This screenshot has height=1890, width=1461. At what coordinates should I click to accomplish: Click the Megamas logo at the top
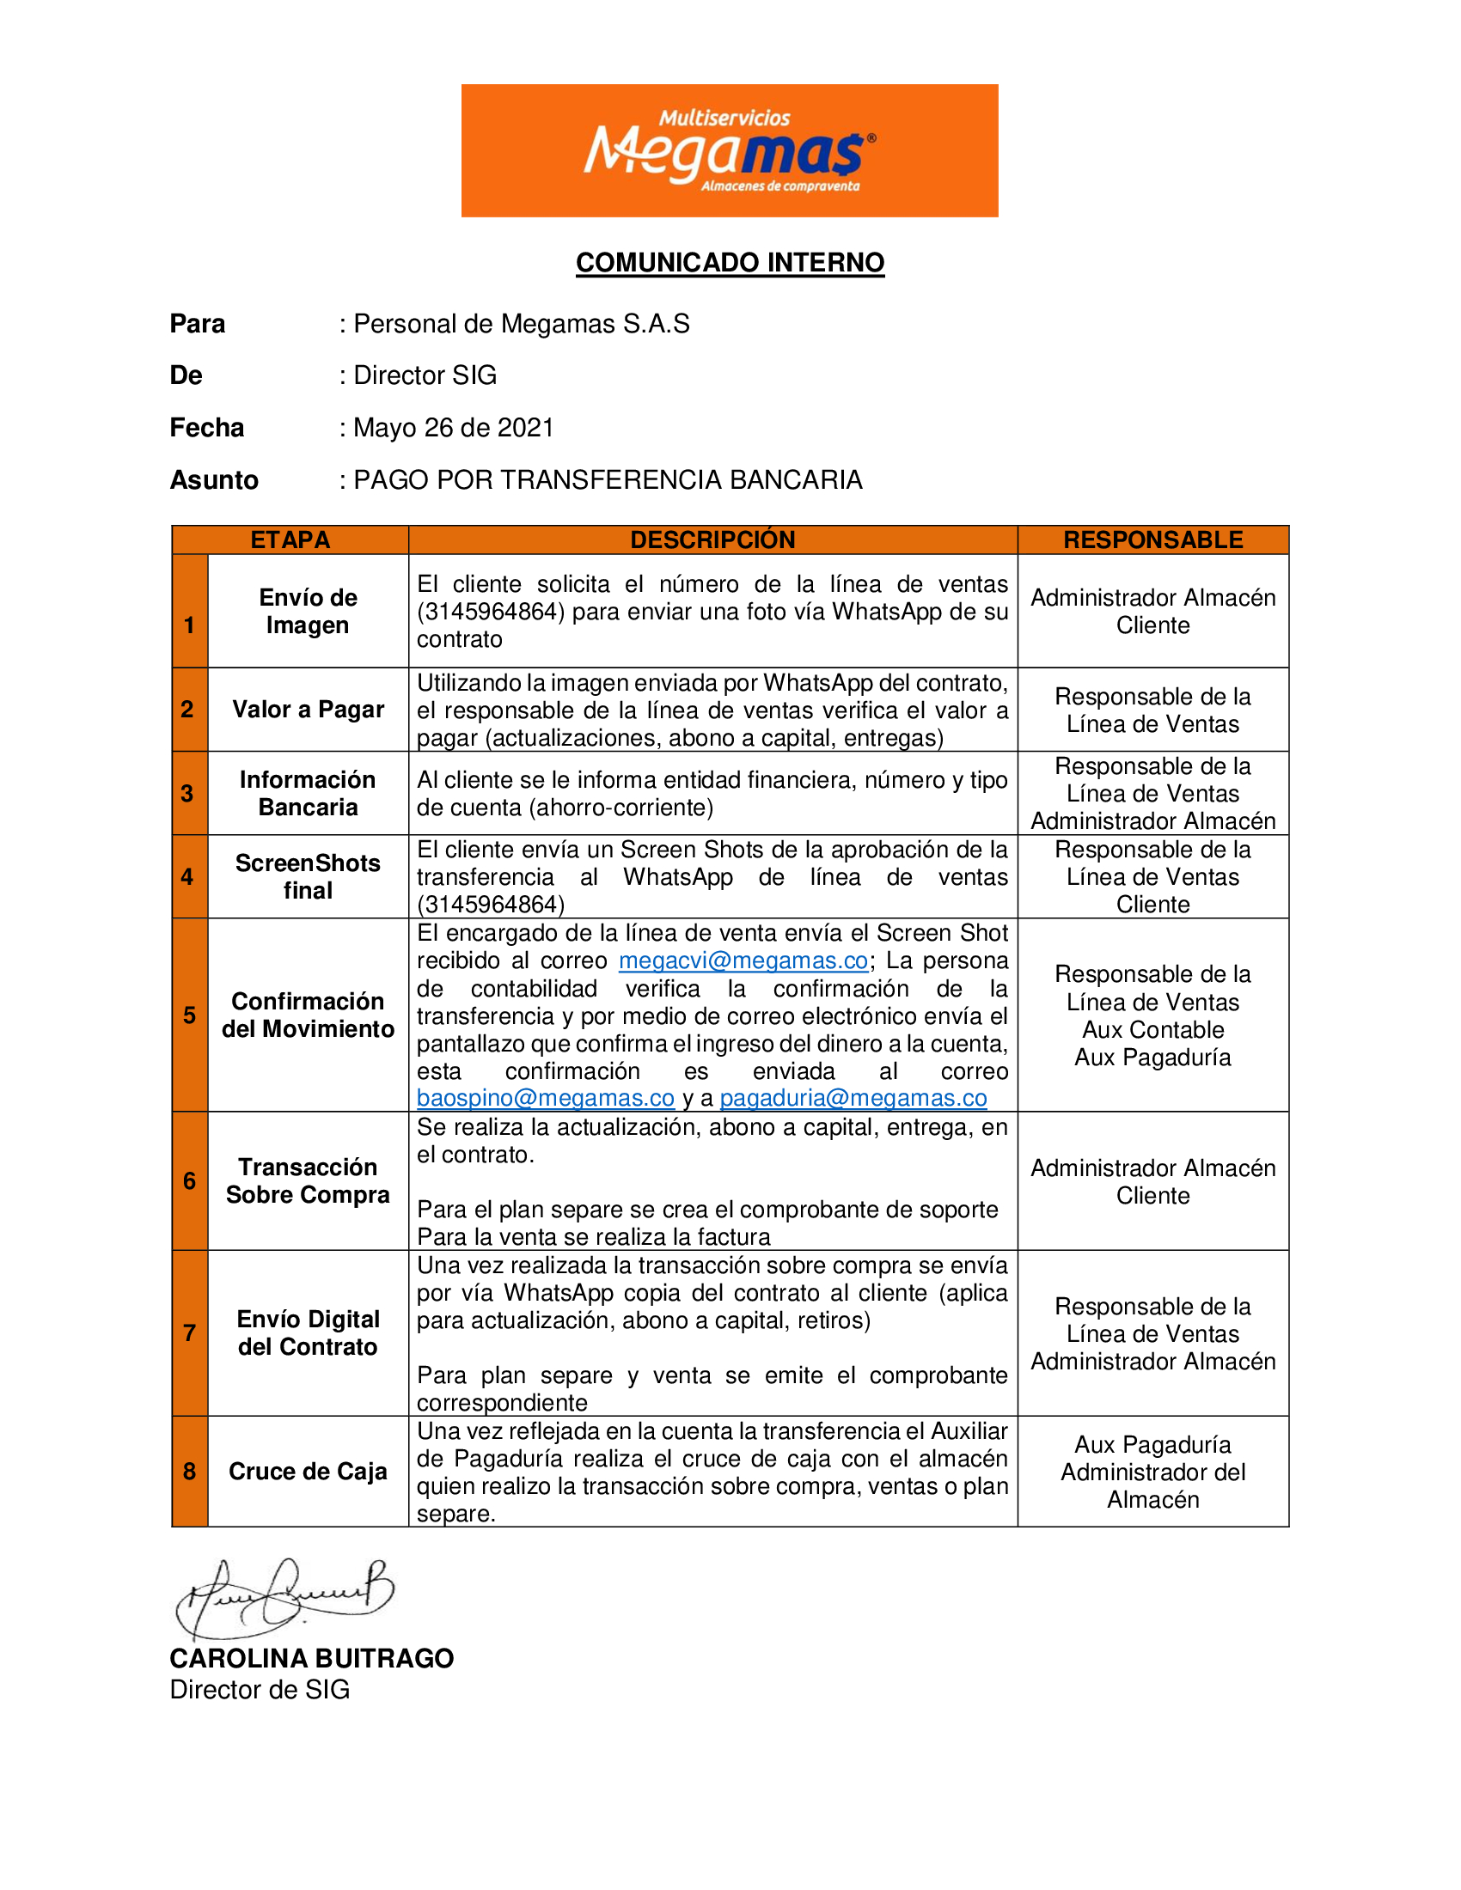[729, 150]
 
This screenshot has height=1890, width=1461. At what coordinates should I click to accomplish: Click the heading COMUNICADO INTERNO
[730, 262]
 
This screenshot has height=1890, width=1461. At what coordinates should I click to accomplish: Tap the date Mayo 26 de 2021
[454, 428]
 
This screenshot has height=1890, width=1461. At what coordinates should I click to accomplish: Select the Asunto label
[214, 479]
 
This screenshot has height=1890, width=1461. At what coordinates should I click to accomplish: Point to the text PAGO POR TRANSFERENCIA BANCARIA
[608, 479]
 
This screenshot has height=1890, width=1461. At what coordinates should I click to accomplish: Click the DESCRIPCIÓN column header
[712, 540]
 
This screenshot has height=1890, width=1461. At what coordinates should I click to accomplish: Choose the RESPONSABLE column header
[1152, 540]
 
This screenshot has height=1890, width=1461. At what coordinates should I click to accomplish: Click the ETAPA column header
[290, 540]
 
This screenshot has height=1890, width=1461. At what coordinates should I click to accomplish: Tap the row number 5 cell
[190, 1015]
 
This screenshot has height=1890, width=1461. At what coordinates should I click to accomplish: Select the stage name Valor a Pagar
[309, 710]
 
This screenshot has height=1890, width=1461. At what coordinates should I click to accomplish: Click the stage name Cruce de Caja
[309, 1471]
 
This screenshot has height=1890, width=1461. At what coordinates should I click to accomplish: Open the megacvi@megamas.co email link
[743, 960]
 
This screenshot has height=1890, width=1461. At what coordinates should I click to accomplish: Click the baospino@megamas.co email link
[545, 1097]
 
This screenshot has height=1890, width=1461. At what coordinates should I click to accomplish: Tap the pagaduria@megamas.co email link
[853, 1097]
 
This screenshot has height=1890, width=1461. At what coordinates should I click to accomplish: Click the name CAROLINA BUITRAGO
[312, 1658]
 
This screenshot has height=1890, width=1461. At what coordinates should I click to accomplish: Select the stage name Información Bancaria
[309, 793]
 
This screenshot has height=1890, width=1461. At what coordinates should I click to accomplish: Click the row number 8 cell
[190, 1471]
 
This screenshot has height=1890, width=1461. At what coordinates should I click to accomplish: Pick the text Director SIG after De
[425, 375]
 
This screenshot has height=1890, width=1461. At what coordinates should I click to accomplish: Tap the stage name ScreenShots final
[309, 876]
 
